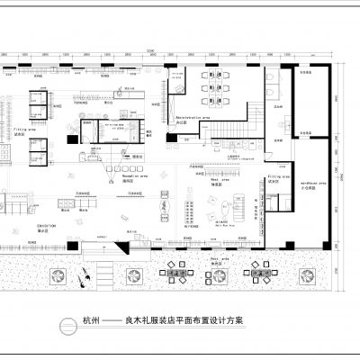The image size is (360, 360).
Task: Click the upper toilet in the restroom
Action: point(273,80)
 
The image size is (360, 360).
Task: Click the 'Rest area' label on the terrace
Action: point(219,258)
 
